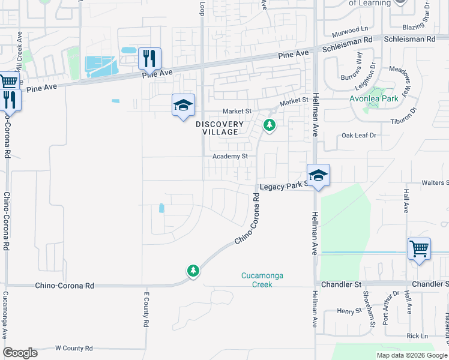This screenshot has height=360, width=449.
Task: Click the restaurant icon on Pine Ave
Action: pos(148,59)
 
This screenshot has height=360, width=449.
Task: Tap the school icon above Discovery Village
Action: pos(183,105)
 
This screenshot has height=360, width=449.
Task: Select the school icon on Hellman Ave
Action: pos(318,175)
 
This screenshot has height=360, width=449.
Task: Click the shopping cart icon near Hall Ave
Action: pos(419,248)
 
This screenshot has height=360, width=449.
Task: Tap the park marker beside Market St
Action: pos(270,125)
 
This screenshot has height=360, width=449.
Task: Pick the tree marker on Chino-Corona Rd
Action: pos(193,271)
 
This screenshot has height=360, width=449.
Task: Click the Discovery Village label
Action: pos(220,128)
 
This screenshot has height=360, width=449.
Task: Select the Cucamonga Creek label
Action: pos(262,280)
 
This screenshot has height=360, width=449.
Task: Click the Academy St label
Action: pos(230,156)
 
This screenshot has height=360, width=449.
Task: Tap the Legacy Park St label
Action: pos(283,187)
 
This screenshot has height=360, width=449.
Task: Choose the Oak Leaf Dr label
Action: pos(358,136)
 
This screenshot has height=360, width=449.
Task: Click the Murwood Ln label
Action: pos(351,29)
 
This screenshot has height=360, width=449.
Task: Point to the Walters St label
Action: pos(435,182)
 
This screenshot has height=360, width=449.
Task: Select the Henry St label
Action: pos(347,310)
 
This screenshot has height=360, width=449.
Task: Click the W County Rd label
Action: pos(74,348)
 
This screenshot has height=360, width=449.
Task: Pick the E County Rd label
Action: pos(145,310)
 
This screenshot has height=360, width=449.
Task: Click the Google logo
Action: pos(20,353)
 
